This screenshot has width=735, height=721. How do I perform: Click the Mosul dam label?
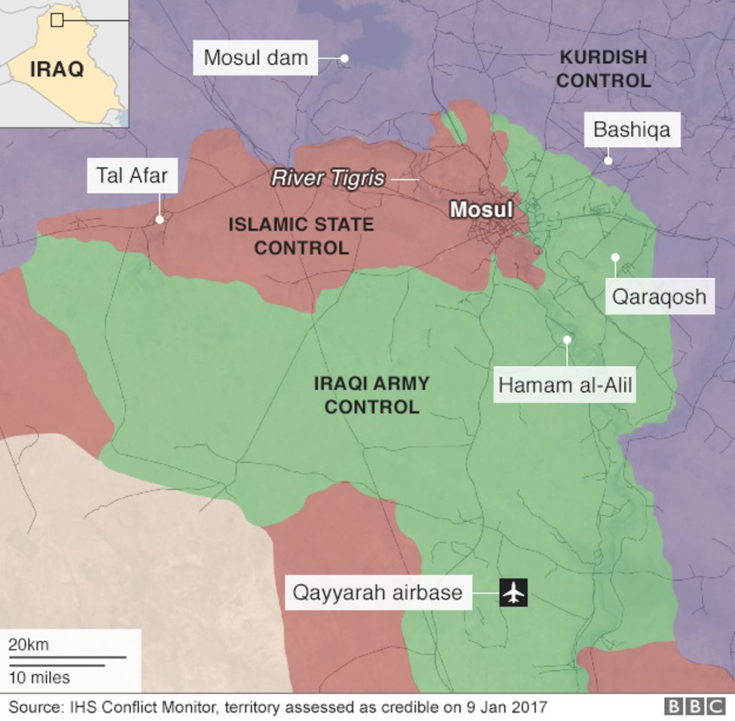pyautogui.click(x=255, y=58)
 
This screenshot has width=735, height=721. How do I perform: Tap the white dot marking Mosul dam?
pyautogui.click(x=344, y=57)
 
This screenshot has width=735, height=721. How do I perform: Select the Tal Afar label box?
pyautogui.click(x=132, y=176)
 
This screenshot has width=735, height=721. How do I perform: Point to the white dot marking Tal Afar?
pyautogui.click(x=160, y=219)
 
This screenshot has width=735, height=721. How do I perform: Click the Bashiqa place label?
pyautogui.click(x=632, y=130)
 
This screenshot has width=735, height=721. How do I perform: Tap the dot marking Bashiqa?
pyautogui.click(x=608, y=160)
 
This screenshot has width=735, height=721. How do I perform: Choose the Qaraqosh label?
pyautogui.click(x=659, y=296)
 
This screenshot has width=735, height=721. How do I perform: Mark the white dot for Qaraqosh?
pyautogui.click(x=615, y=258)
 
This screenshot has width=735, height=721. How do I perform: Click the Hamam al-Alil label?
pyautogui.click(x=566, y=386)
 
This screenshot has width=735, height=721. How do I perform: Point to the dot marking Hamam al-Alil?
pyautogui.click(x=567, y=340)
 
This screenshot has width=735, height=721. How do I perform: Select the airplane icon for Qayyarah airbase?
pyautogui.click(x=514, y=592)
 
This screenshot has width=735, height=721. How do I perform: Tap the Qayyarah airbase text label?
pyautogui.click(x=377, y=592)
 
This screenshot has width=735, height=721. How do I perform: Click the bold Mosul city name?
pyautogui.click(x=480, y=209)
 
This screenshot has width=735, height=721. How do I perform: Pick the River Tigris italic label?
pyautogui.click(x=328, y=179)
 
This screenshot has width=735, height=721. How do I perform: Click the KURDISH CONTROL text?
pyautogui.click(x=603, y=69)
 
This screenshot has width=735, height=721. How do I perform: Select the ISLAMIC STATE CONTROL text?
pyautogui.click(x=300, y=236)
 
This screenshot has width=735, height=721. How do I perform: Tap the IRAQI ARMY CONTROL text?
pyautogui.click(x=371, y=395)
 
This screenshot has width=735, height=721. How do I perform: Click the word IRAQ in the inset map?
pyautogui.click(x=56, y=70)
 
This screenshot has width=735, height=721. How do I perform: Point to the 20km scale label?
pyautogui.click(x=29, y=645)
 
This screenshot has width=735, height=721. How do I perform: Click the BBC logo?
pyautogui.click(x=694, y=707)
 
